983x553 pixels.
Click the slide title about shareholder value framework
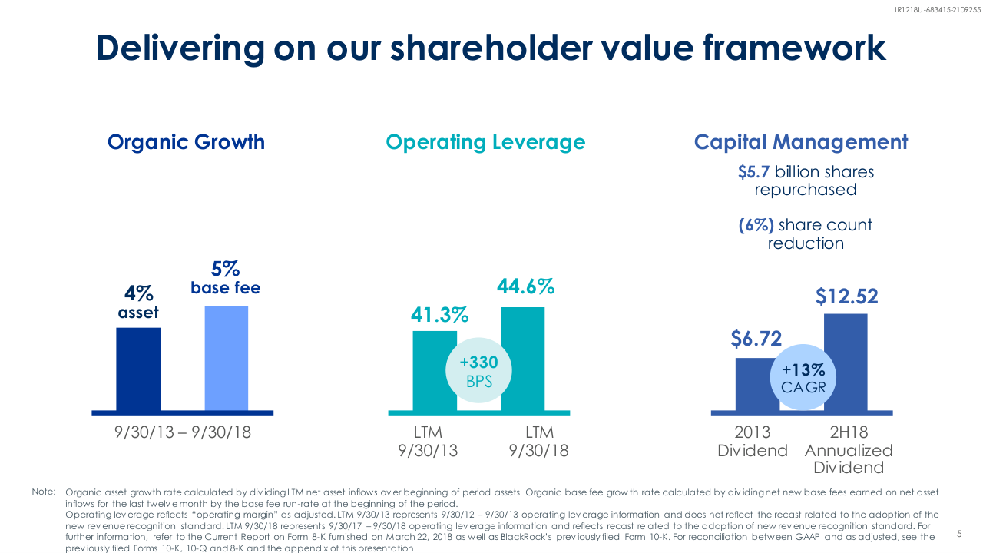click(x=491, y=48)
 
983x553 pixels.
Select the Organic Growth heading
click(x=186, y=142)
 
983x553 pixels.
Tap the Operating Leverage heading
click(x=485, y=142)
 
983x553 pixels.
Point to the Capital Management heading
click(x=801, y=142)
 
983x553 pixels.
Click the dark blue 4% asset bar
click(x=138, y=369)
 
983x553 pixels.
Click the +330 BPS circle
click(x=478, y=372)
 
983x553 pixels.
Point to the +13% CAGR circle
click(x=803, y=378)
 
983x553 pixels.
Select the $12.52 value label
click(x=846, y=296)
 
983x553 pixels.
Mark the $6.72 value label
click(x=756, y=339)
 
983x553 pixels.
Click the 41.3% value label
click(x=440, y=315)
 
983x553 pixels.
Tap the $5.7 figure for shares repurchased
click(x=754, y=171)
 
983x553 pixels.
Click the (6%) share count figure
click(x=756, y=225)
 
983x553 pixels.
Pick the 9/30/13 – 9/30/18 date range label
click(x=183, y=432)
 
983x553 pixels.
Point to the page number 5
click(x=959, y=533)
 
